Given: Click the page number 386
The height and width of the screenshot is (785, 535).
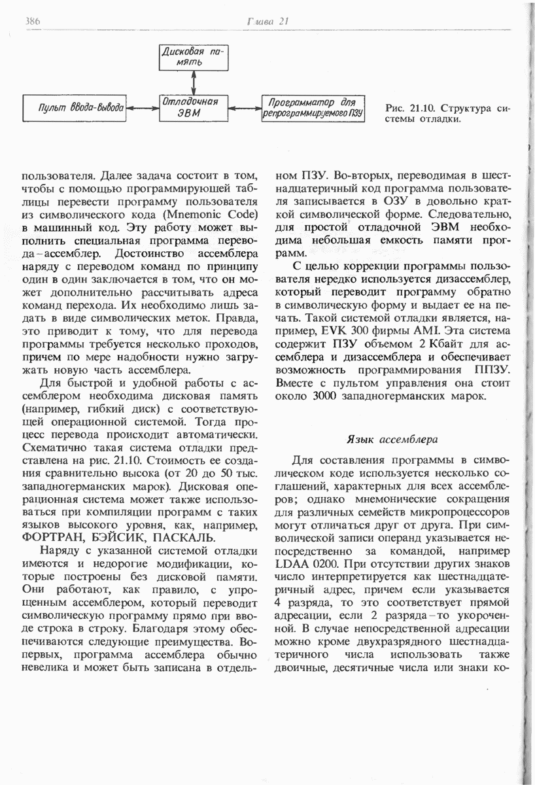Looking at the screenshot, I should (33, 21).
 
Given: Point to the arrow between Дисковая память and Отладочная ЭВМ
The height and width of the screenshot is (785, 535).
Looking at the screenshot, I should (194, 82).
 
